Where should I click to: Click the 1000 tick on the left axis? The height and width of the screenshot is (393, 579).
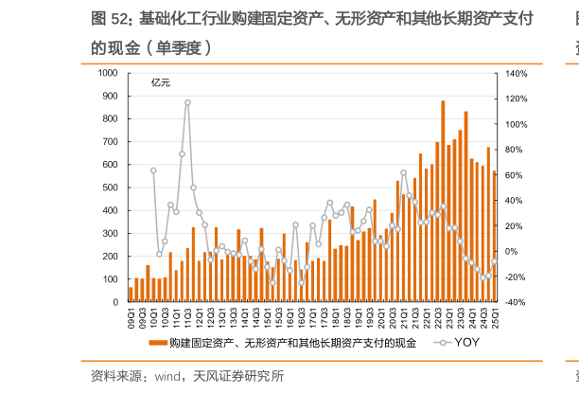click(x=110, y=73)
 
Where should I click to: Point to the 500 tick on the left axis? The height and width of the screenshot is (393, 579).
click(x=112, y=188)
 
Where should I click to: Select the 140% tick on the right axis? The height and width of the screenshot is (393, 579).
click(x=517, y=73)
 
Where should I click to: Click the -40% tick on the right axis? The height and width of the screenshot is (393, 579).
click(x=517, y=302)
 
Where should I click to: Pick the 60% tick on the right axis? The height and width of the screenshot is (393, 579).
click(x=515, y=175)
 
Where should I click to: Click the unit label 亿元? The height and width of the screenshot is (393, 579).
click(x=162, y=84)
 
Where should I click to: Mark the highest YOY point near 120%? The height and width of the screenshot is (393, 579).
click(x=187, y=101)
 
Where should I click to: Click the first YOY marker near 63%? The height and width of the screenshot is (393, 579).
click(x=153, y=170)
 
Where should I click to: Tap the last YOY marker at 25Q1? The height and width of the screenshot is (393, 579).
click(x=494, y=261)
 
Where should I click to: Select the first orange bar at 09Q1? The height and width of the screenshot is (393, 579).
click(x=131, y=295)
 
